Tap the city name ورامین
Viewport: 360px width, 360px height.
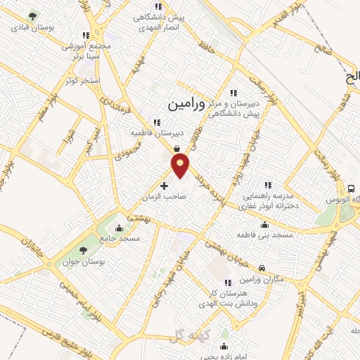click(188, 104)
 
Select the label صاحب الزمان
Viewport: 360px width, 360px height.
click(167, 198)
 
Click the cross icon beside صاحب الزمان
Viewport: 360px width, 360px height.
click(165, 186)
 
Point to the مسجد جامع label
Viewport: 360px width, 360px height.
click(120, 238)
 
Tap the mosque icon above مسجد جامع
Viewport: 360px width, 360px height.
click(119, 227)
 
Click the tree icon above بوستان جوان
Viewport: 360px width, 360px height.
click(84, 250)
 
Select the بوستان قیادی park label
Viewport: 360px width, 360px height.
click(31, 28)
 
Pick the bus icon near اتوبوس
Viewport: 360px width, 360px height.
click(351, 188)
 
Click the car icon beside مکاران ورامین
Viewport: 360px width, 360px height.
click(262, 268)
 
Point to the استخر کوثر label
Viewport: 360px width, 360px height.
click(82, 81)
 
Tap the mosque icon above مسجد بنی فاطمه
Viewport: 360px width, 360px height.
click(264, 224)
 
